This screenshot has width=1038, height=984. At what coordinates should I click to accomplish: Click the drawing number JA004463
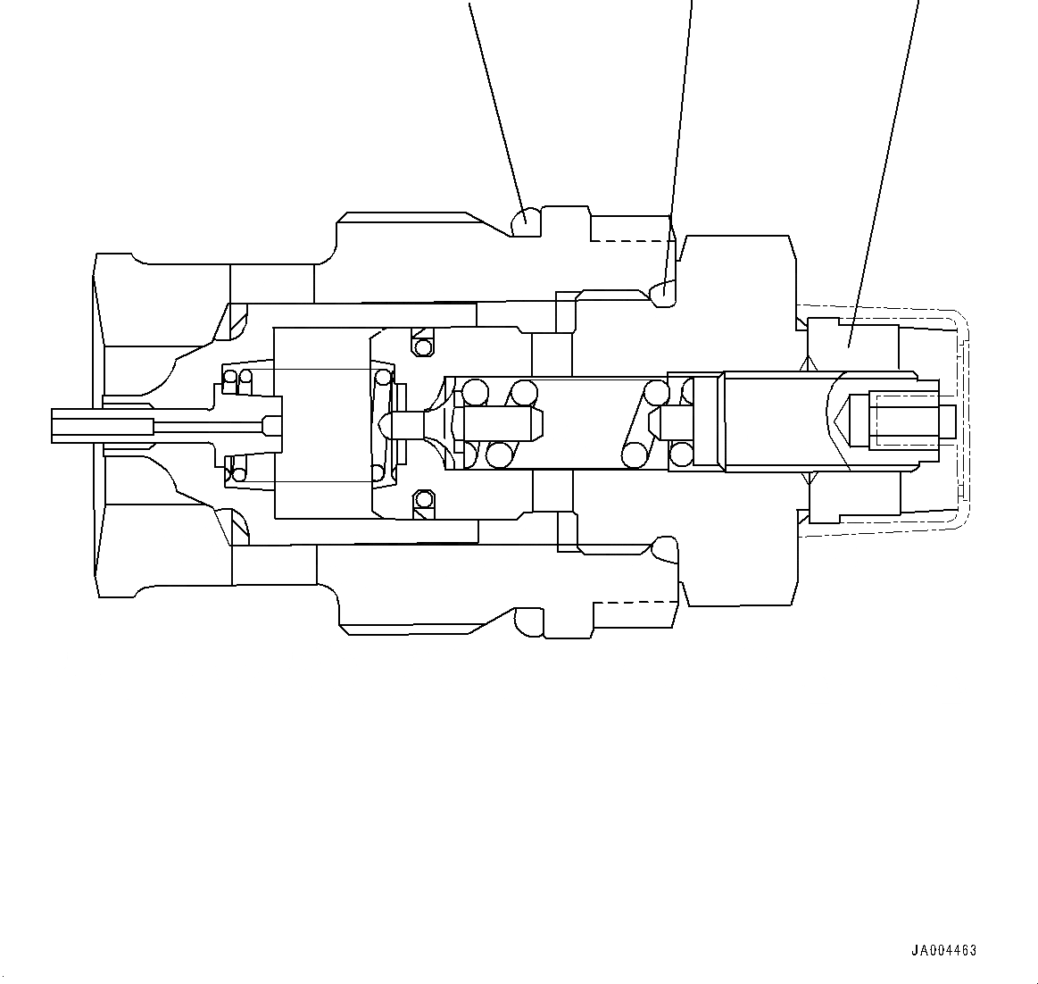[x=943, y=950]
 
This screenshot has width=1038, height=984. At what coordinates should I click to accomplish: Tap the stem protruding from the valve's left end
[x=103, y=423]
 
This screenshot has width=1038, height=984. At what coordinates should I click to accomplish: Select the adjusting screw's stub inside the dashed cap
[x=947, y=421]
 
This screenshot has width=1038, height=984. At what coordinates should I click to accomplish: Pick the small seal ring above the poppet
[x=423, y=345]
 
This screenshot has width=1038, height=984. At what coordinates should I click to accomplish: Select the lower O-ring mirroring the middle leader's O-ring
[x=662, y=547]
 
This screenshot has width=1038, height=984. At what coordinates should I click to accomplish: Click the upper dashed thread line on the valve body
[x=629, y=241]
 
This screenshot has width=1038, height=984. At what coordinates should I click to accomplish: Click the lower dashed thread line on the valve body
[x=629, y=604]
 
